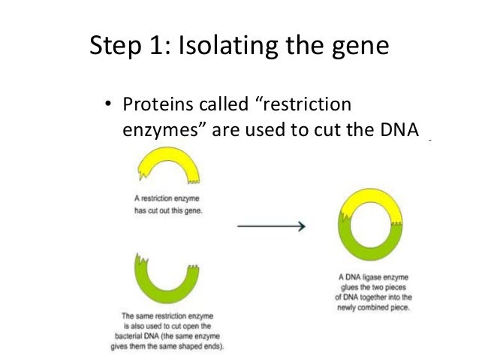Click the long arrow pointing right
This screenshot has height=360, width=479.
pyautogui.click(x=270, y=225)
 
